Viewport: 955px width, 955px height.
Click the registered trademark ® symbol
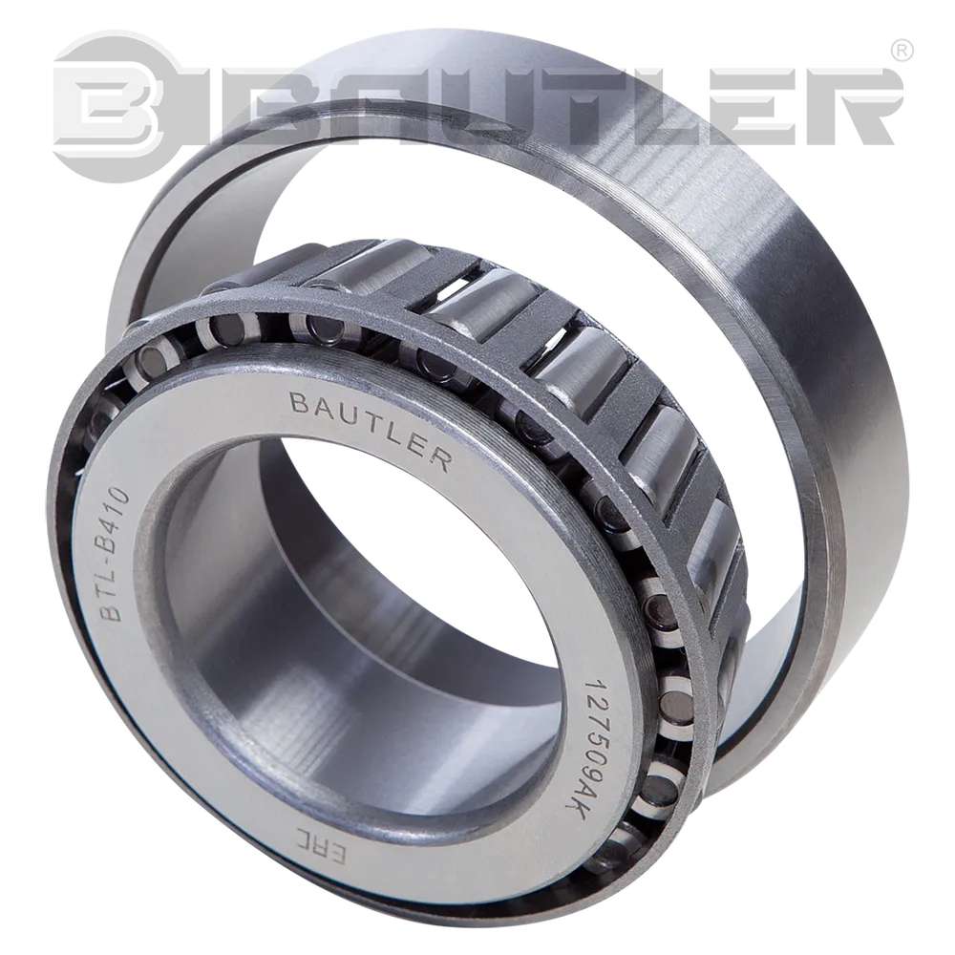(x=902, y=53)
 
